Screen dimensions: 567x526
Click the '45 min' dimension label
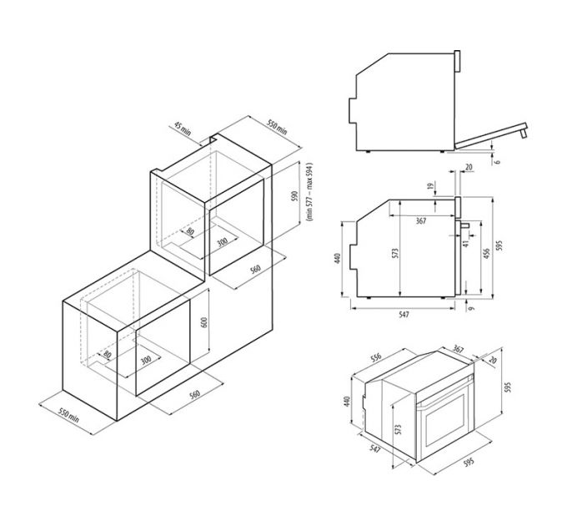point(183,129)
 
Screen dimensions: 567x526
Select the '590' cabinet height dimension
point(295,196)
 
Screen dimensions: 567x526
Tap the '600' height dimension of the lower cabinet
point(204,323)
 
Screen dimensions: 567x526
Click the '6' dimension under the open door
point(498,162)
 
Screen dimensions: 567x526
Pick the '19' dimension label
point(430,186)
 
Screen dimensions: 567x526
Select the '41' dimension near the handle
point(466,244)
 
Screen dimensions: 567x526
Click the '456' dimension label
point(487,253)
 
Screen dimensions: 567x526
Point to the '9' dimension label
point(470,308)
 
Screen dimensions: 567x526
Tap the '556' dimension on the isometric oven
point(376,357)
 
